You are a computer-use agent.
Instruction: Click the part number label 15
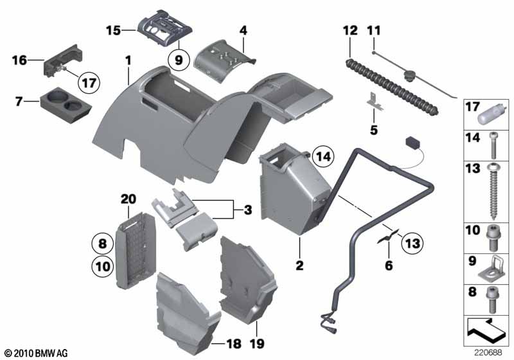tap(113, 29)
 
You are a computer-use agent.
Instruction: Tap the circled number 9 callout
tap(178, 60)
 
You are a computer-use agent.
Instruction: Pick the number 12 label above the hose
tap(349, 30)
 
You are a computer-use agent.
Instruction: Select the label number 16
tap(19, 60)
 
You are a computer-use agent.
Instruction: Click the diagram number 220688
tap(488, 353)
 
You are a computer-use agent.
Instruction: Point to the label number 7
tap(19, 102)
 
